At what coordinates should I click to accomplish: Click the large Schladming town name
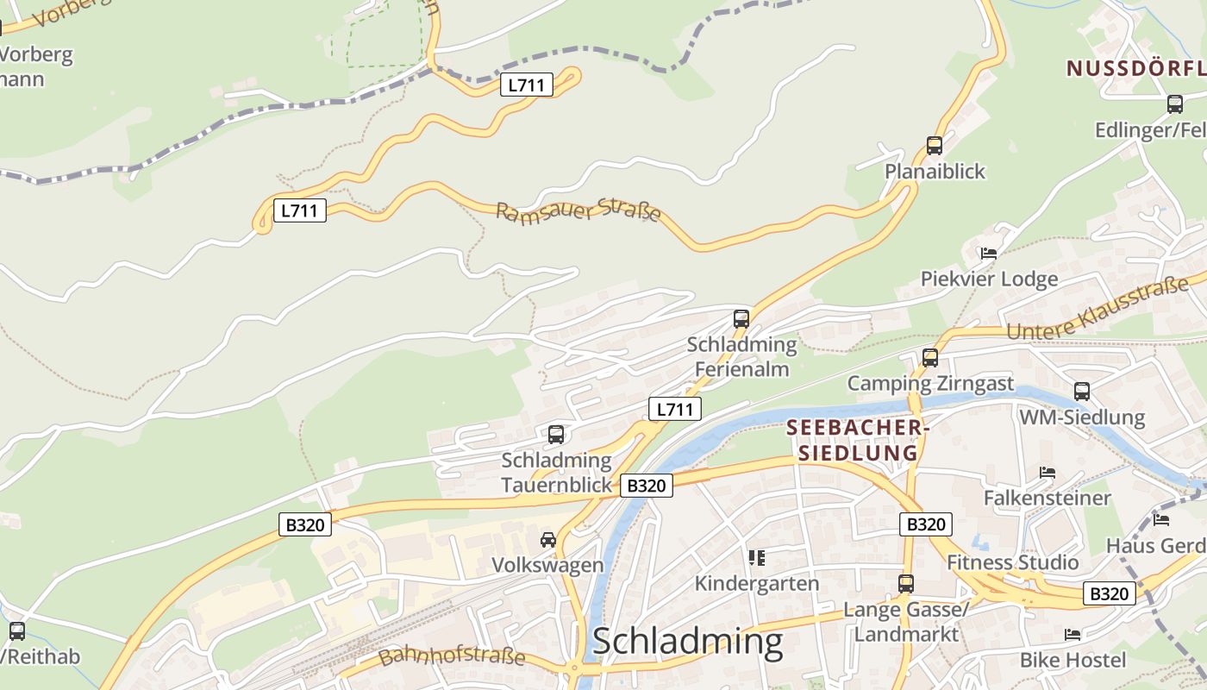[x=687, y=642]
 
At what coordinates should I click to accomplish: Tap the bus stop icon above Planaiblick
[x=935, y=145]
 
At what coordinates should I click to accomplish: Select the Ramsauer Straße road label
[x=578, y=211]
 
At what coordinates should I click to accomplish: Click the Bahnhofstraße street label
[x=452, y=655]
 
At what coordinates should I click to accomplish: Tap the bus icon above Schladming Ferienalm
[x=741, y=318]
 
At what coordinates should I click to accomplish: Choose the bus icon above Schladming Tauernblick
[x=556, y=434]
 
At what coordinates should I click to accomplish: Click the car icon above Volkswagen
[x=547, y=540]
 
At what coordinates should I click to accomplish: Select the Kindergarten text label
[x=757, y=584]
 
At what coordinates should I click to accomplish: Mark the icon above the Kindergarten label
[x=757, y=558]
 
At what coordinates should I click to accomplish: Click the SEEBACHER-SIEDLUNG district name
[x=857, y=440]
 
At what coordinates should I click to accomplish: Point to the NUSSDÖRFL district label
[x=1135, y=68]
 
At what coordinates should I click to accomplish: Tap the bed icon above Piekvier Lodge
[x=989, y=254]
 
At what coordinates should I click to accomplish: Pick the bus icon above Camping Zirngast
[x=929, y=357]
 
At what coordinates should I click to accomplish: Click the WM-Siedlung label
[x=1082, y=417]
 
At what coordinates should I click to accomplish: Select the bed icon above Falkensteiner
[x=1048, y=473]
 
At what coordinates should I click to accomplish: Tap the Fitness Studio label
[x=1013, y=562]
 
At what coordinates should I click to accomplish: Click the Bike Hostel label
[x=1073, y=661]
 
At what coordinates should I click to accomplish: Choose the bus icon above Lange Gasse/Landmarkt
[x=905, y=583]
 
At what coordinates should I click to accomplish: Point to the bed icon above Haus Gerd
[x=1161, y=520]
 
